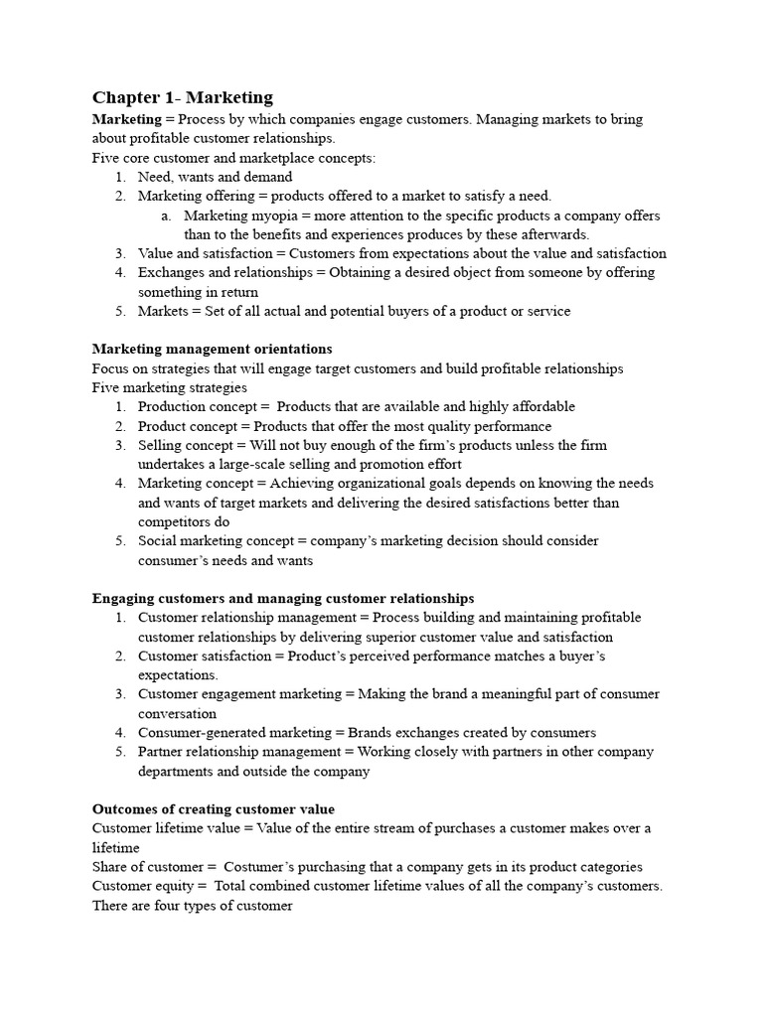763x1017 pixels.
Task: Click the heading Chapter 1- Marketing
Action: pyautogui.click(x=182, y=96)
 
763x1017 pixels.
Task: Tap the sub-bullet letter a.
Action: pyautogui.click(x=165, y=216)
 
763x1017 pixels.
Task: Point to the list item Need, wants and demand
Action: pyautogui.click(x=215, y=177)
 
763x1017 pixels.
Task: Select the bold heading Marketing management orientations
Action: pyautogui.click(x=212, y=349)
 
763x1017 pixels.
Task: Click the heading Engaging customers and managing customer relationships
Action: pyautogui.click(x=283, y=598)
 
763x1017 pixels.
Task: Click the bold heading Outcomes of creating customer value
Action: pyautogui.click(x=213, y=808)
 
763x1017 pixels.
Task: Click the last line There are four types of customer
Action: pyautogui.click(x=192, y=905)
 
